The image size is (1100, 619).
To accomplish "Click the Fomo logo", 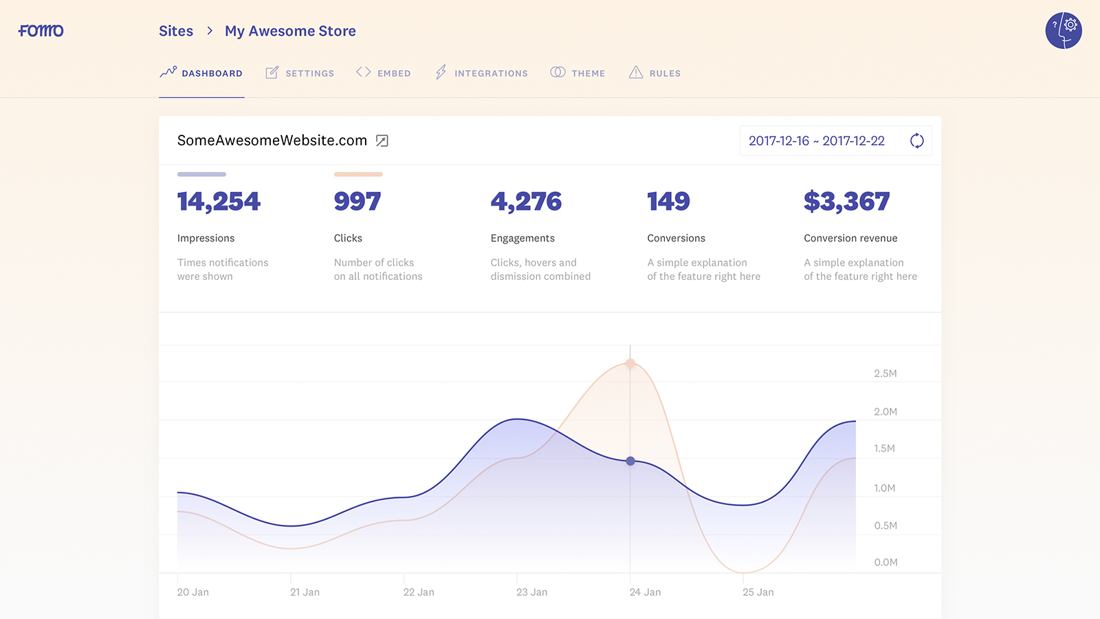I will pos(41,31).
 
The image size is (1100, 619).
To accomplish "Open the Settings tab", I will pos(300,73).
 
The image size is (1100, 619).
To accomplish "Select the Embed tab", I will pos(384,73).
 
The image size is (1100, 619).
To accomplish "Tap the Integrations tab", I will pos(482,73).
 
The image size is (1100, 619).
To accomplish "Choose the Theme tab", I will pos(578,73).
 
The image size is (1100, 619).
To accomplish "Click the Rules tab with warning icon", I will pos(655,73).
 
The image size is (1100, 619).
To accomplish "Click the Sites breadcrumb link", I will pos(176,31).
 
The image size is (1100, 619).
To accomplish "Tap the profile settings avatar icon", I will pos(1064,31).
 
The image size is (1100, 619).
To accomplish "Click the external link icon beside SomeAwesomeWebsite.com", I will pos(382,141).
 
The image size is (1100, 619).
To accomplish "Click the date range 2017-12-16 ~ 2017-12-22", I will pos(816,141).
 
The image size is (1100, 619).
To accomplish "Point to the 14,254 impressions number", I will pos(219,202).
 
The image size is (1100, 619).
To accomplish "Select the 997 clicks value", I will pos(357,202).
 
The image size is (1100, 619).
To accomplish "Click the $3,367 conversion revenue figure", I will pos(846,202).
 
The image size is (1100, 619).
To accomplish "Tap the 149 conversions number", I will pos(668,202).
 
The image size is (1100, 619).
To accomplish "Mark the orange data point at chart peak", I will pos(630,363).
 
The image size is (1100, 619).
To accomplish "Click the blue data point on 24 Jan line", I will pos(630,461).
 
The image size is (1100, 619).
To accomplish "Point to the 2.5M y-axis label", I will pos(885,373).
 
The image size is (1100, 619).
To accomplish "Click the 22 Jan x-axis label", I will pos(419,592).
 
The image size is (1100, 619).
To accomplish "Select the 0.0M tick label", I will pos(885,562).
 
